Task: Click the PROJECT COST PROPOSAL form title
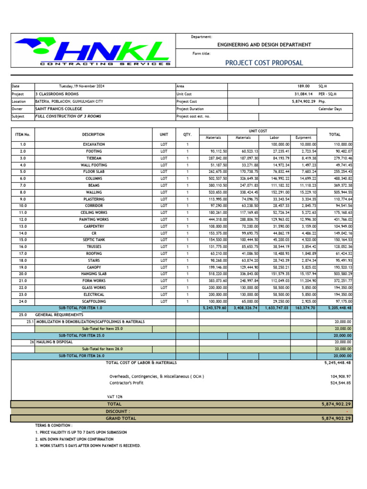coord(264,63)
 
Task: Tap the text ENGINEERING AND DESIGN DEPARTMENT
coord(264,45)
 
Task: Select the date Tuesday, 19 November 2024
coord(81,86)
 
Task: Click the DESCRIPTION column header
coord(93,135)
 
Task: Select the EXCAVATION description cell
coord(93,144)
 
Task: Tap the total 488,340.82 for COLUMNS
coord(340,179)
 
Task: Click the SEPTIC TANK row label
coord(93,240)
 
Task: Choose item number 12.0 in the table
coord(23,219)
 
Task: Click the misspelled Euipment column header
coord(303,138)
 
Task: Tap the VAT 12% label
coord(114,397)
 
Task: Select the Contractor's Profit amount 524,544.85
coord(340,383)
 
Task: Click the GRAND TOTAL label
coord(121,418)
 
